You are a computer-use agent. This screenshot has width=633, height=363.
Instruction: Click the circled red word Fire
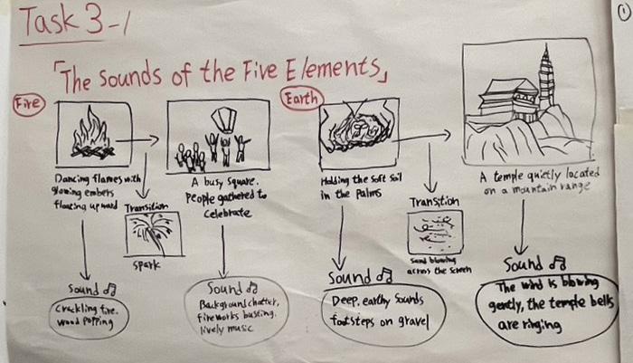pyautogui.click(x=27, y=105)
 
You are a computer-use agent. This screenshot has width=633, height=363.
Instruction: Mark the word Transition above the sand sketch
pyautogui.click(x=433, y=202)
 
